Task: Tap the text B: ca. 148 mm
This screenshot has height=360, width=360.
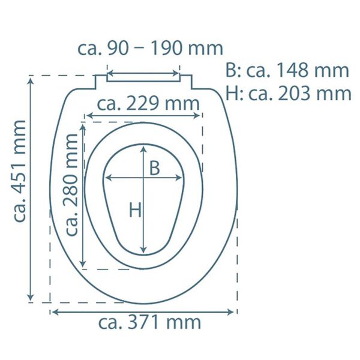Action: tap(287, 70)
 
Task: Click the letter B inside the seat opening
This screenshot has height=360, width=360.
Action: tap(154, 169)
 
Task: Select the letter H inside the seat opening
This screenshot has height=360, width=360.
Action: tap(135, 209)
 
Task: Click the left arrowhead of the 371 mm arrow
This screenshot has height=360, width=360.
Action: tap(54, 311)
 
